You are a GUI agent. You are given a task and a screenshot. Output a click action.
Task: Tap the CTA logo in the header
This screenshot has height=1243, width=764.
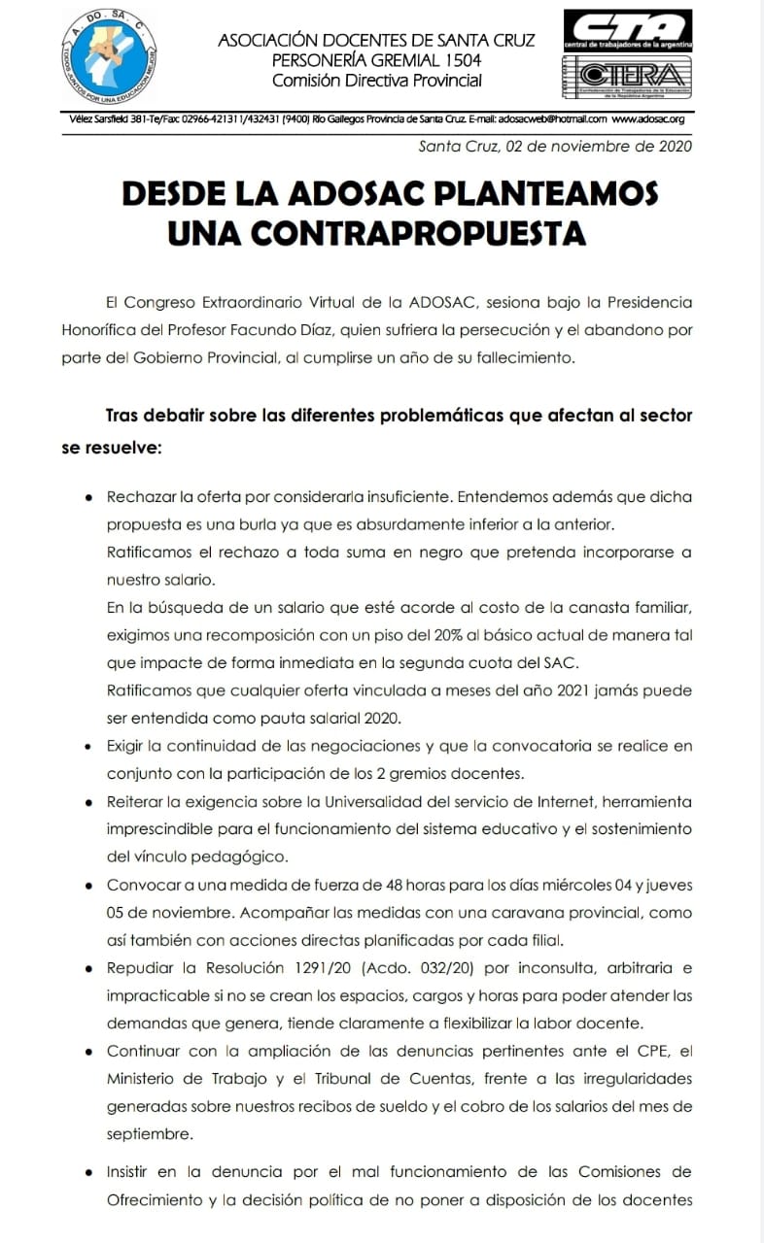pos(627,30)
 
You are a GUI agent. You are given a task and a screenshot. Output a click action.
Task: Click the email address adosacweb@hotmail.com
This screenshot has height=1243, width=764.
pos(553,119)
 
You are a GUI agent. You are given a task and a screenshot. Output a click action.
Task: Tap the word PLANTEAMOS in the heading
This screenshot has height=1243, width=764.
pos(541,193)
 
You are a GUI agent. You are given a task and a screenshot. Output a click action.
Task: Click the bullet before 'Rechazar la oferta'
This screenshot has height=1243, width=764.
pos(88,497)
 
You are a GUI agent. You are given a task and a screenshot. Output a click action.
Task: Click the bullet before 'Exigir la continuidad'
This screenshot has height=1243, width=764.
pos(88,747)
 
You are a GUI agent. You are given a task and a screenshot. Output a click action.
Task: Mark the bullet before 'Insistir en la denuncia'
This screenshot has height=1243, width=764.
pos(88,1172)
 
